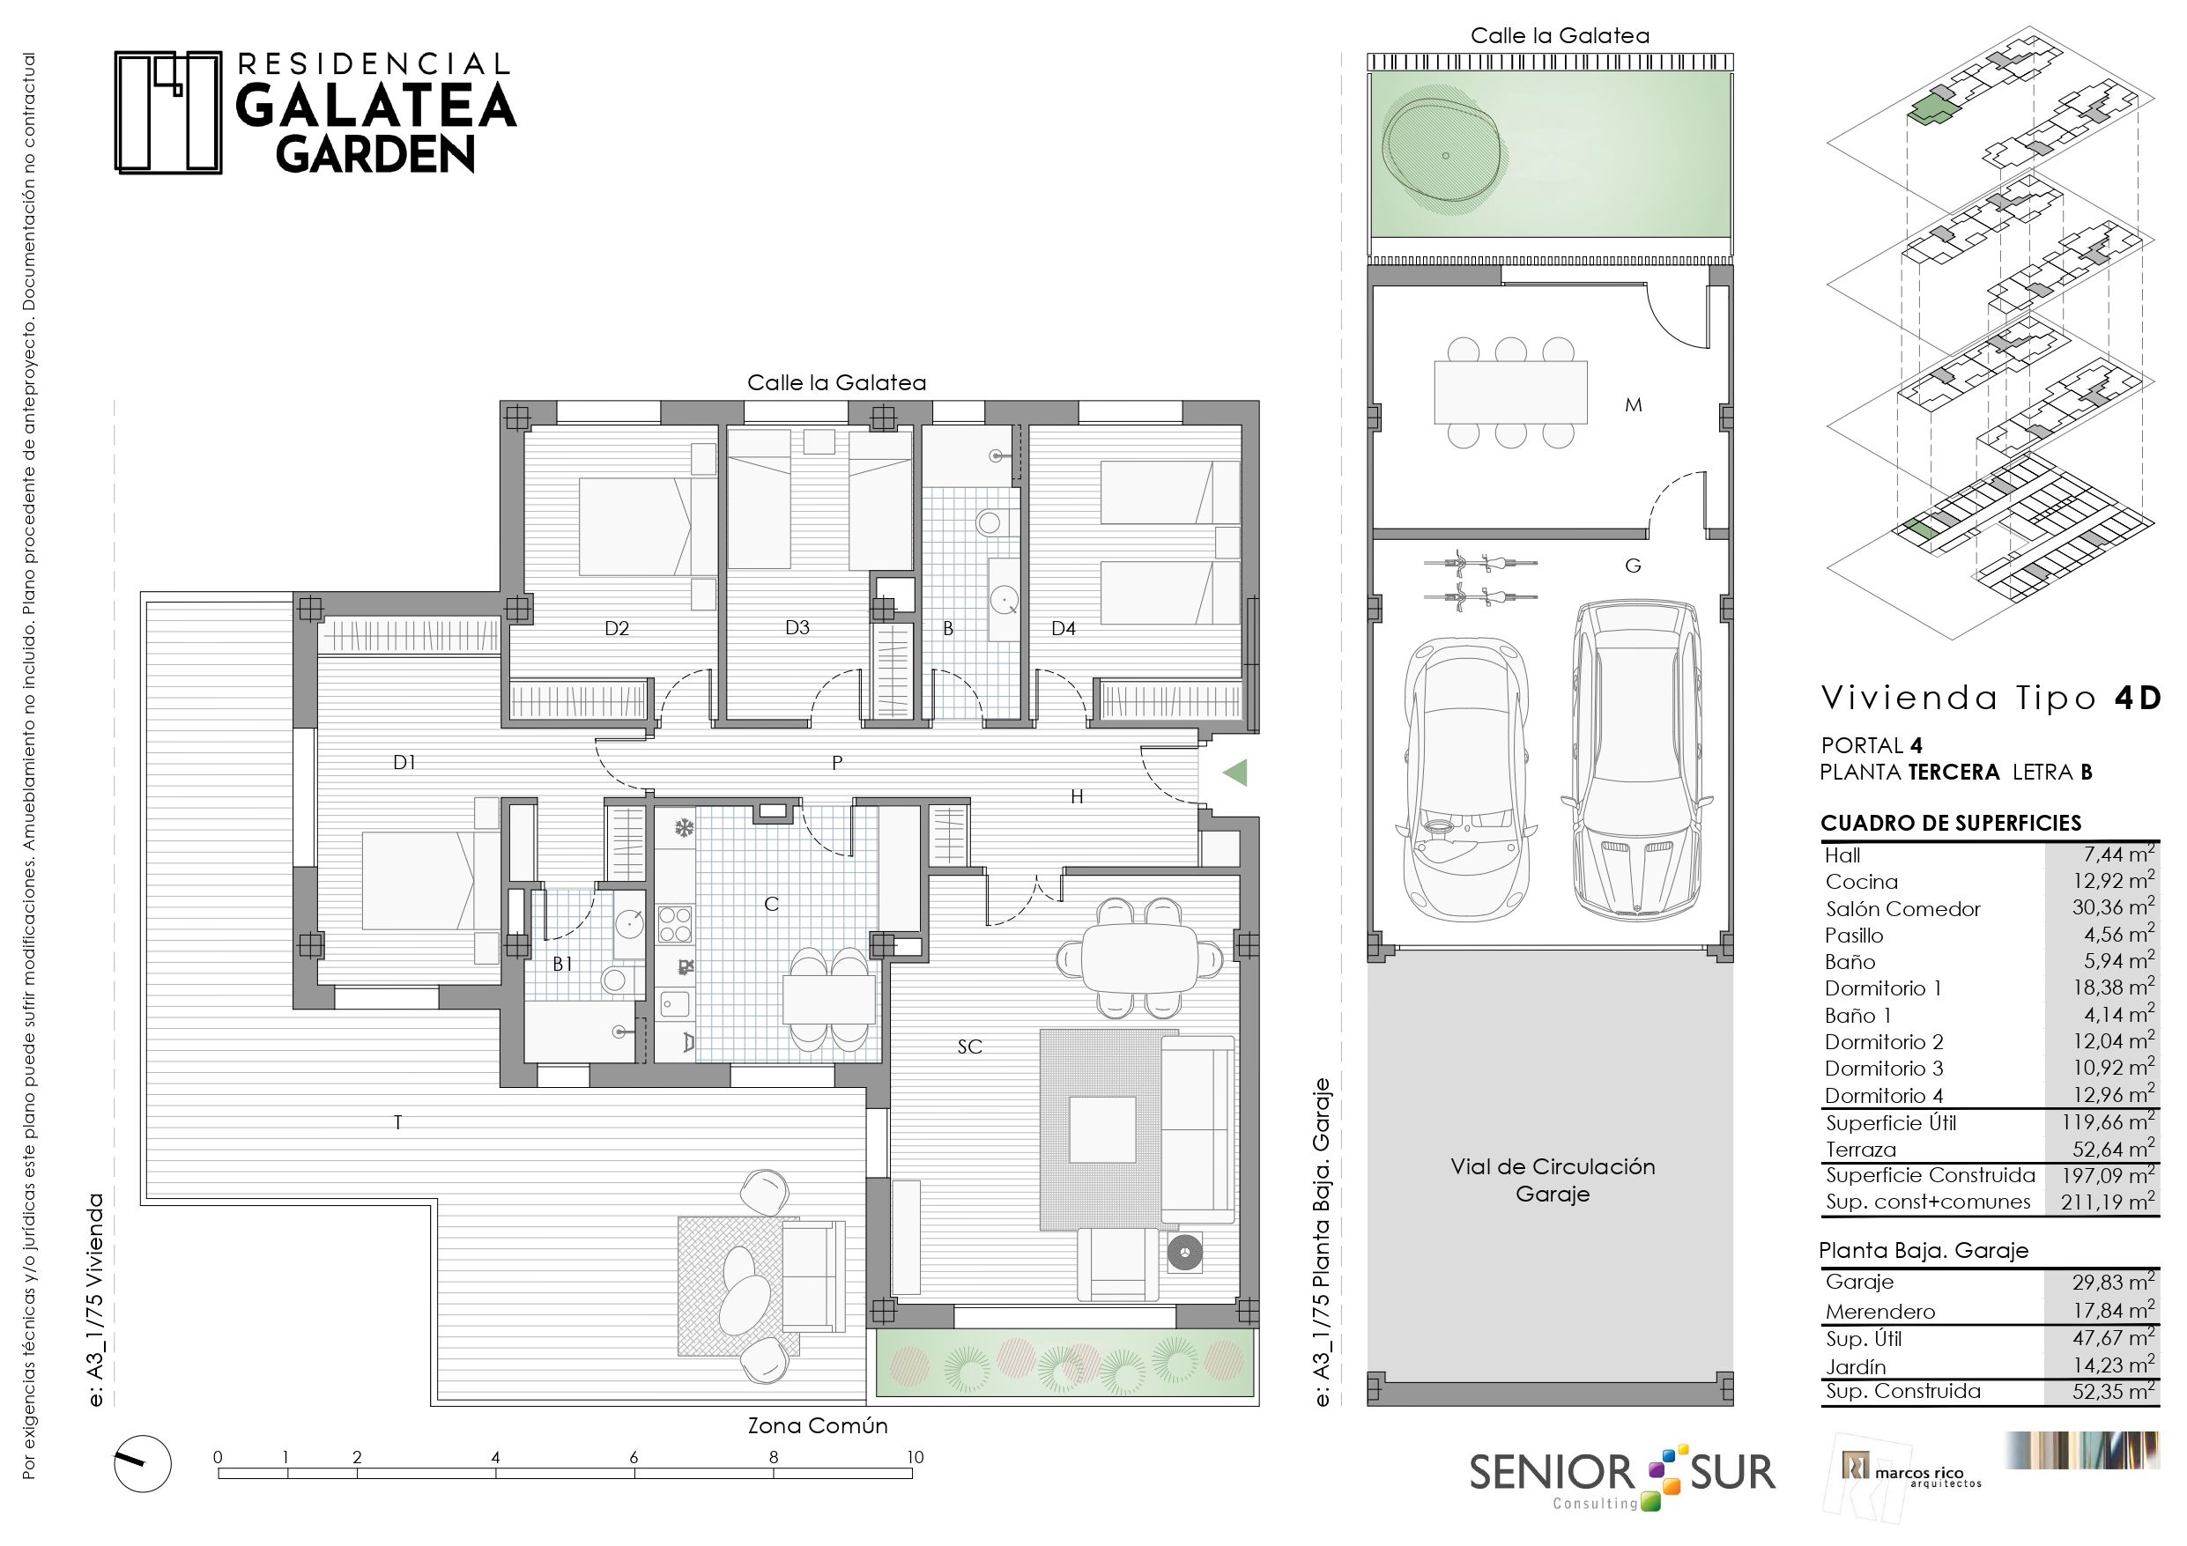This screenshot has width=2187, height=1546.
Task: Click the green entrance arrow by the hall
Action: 1234,773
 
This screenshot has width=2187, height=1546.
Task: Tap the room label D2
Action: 616,629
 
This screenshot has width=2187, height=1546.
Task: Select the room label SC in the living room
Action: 969,1047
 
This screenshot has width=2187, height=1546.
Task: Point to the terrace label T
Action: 398,1122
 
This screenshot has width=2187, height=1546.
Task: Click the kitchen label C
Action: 772,904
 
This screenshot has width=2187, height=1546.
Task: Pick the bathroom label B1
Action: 563,964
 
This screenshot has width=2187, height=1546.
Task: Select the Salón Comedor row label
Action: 1902,909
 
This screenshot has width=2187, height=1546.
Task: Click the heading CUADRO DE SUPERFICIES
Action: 1951,823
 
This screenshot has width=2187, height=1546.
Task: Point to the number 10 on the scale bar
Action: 915,1456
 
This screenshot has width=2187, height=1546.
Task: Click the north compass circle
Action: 143,1464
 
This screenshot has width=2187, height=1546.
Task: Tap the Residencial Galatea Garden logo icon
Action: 168,113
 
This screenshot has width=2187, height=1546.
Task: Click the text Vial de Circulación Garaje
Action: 1553,1180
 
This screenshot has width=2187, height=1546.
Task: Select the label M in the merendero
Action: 1634,405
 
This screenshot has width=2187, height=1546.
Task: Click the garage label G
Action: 1633,566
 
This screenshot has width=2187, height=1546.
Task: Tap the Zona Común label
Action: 818,1426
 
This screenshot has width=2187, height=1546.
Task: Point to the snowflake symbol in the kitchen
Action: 683,828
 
